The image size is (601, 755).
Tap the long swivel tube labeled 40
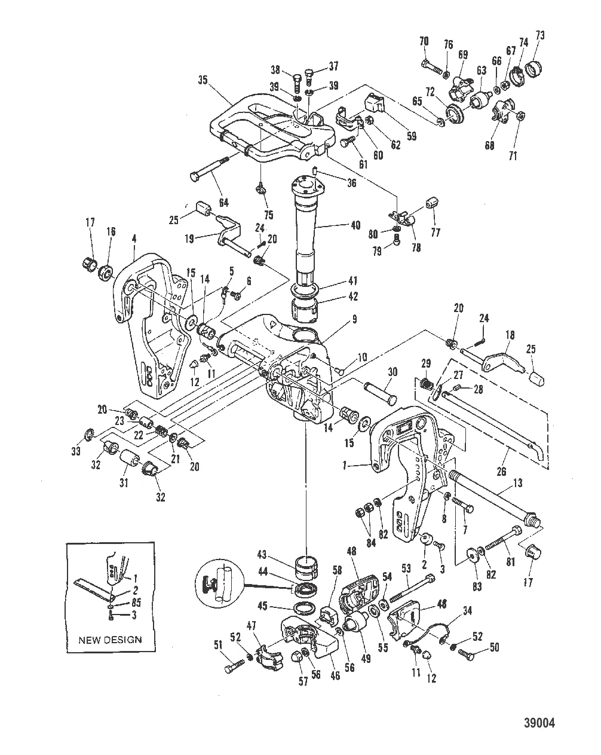click(311, 227)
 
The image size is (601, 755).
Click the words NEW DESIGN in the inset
click(110, 639)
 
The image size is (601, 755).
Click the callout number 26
click(501, 472)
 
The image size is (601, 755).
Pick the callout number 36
click(352, 184)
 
